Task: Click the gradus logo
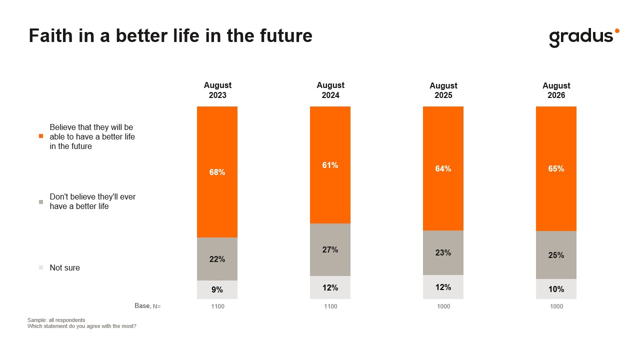(584, 37)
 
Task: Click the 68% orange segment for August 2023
(217, 172)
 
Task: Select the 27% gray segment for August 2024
(330, 249)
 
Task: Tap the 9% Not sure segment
(217, 289)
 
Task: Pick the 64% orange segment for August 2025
(443, 168)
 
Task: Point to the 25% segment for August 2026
(556, 255)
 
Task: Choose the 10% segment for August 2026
(556, 289)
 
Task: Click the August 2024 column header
(330, 90)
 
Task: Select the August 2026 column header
(556, 90)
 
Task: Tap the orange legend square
(41, 136)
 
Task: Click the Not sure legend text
(64, 267)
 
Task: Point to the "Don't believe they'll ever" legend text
(92, 197)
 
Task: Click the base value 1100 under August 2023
(217, 306)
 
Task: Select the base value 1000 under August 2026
(556, 306)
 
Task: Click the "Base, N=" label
(147, 306)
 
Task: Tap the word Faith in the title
(50, 35)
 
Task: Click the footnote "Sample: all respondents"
(56, 320)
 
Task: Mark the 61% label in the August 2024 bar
(330, 165)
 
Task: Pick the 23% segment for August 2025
(443, 253)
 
